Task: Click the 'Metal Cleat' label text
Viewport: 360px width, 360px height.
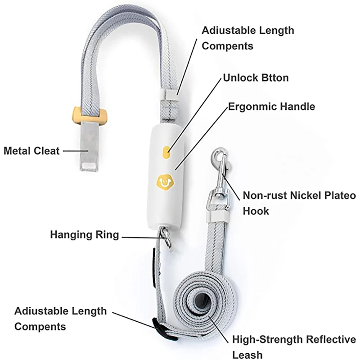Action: coord(31,151)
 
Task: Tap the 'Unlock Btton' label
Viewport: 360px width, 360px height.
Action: coord(256,78)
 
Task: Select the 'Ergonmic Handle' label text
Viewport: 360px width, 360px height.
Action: coord(272,107)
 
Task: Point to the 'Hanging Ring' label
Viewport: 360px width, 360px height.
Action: coord(85,235)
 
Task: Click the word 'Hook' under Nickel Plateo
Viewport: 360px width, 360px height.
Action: coord(256,211)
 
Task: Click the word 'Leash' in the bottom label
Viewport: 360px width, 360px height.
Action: coord(247,355)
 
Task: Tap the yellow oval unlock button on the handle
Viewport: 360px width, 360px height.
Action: coord(166,152)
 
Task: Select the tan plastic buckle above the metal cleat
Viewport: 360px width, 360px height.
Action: coord(90,115)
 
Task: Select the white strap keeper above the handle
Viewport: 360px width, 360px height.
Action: coord(170,95)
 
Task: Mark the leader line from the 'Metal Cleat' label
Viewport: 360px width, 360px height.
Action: coord(76,151)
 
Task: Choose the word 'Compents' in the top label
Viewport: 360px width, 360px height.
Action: coord(228,46)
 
